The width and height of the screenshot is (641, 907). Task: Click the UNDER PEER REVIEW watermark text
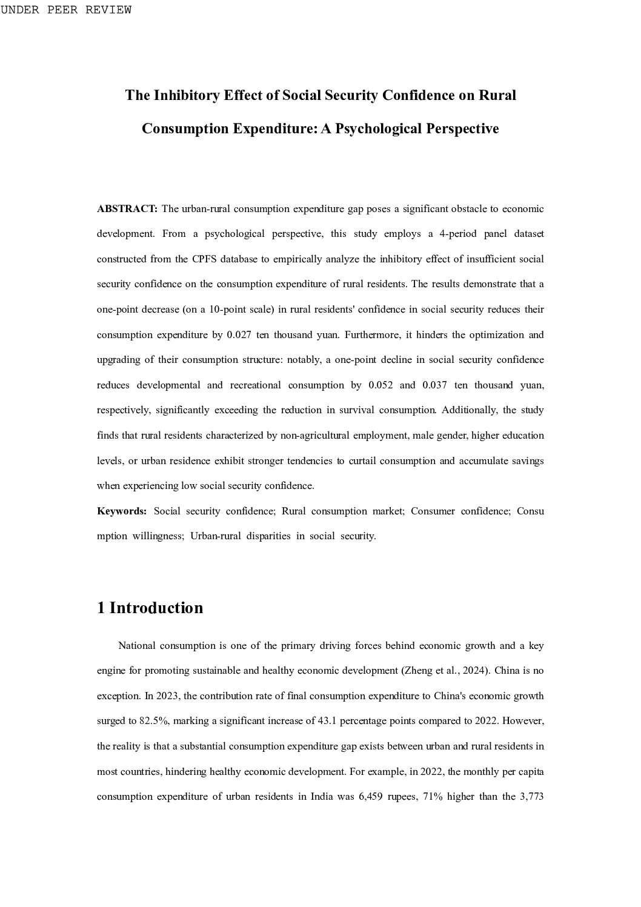[66, 10]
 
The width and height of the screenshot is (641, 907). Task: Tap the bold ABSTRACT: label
[127, 209]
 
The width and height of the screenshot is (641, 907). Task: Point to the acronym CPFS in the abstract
[204, 259]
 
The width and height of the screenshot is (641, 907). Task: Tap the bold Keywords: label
[122, 511]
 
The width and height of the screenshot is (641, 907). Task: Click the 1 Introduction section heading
[150, 608]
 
